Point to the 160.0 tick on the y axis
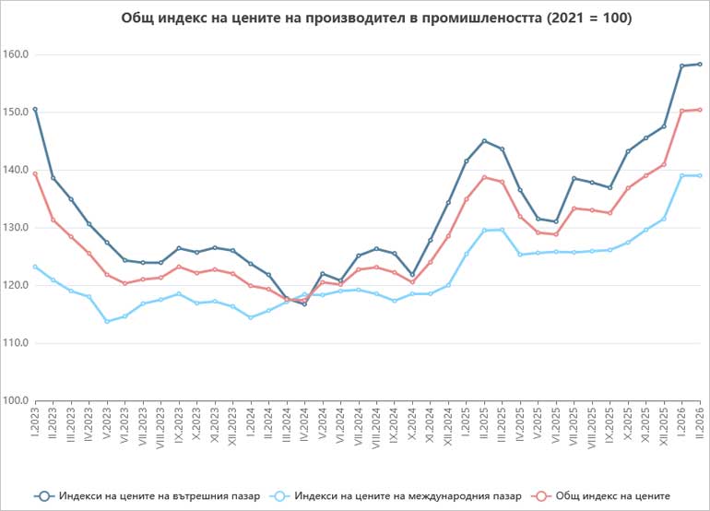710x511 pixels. (17, 54)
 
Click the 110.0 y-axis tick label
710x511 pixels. (17, 343)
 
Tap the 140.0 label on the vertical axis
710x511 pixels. (17, 170)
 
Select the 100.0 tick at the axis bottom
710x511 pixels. (17, 400)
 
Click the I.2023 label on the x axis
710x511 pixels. (35, 424)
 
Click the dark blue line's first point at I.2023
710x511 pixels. (35, 109)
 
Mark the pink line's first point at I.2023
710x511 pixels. (35, 173)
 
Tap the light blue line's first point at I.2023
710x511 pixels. (35, 267)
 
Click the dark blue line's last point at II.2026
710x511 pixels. (699, 64)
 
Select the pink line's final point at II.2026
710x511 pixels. (699, 110)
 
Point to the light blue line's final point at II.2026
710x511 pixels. (699, 175)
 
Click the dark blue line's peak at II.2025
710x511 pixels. (483, 141)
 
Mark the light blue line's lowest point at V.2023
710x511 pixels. (107, 321)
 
